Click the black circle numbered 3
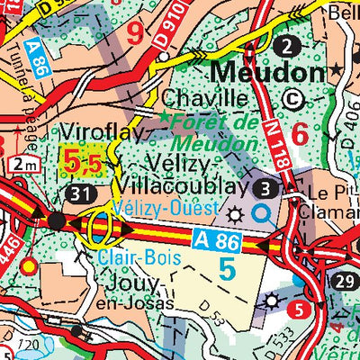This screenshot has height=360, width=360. coord(265,188)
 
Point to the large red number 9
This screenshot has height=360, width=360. coord(136,34)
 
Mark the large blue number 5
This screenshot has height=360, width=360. coord(227,268)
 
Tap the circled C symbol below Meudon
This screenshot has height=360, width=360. coord(292,99)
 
